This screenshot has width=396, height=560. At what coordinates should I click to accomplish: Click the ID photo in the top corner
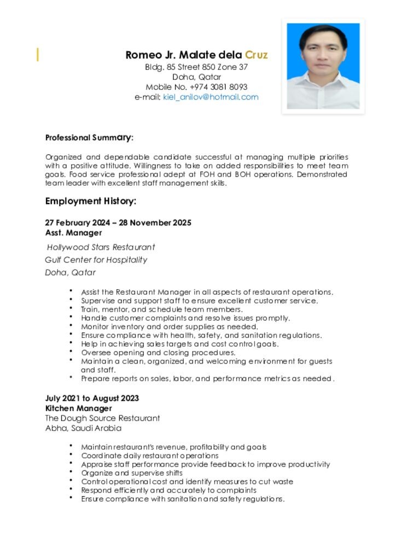(323, 66)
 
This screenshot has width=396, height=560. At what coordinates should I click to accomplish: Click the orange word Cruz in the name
(256, 55)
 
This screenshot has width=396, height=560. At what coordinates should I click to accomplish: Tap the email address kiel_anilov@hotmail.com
(211, 97)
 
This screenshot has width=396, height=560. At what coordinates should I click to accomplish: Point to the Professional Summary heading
(89, 137)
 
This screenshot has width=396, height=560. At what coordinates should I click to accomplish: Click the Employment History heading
(90, 201)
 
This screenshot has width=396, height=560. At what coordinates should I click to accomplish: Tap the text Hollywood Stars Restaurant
(101, 247)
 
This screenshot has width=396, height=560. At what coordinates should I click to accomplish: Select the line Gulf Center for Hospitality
(96, 260)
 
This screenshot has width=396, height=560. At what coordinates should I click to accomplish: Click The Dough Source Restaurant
(102, 418)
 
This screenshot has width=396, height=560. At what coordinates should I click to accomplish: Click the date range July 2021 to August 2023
(92, 398)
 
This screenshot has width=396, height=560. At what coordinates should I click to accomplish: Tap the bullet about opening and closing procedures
(158, 353)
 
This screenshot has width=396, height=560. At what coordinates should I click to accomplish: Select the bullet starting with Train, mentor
(162, 310)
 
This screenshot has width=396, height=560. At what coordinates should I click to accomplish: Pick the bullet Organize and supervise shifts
(132, 473)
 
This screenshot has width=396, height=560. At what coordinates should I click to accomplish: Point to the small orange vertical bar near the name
(38, 54)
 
